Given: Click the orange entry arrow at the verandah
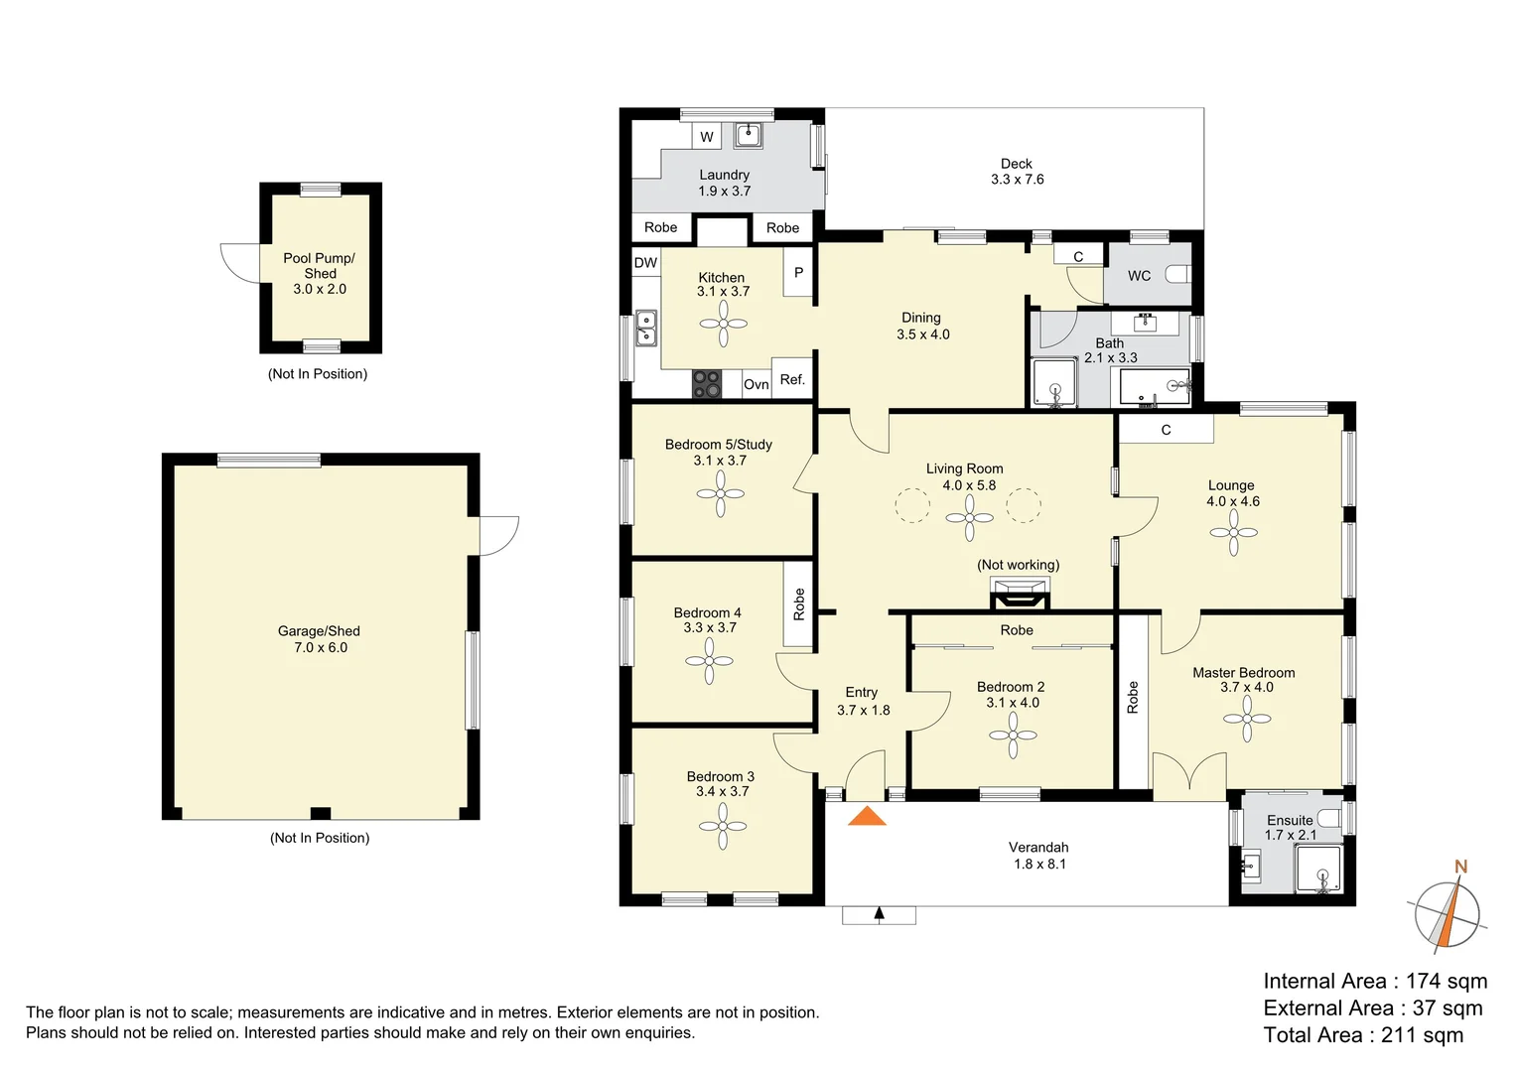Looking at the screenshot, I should coord(867,817).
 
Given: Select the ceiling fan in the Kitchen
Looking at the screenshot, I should coord(723,324).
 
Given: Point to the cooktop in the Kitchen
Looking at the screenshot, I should coord(706,384).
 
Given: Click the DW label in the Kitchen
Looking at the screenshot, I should coord(645,263).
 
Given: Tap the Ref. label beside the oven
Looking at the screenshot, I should coord(791,379).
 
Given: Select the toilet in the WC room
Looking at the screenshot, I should coord(1177,275).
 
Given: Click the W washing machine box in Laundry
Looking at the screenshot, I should coord(706,137).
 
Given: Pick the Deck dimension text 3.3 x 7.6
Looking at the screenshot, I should coord(1017,180).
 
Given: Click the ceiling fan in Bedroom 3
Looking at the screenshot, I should coord(723,826).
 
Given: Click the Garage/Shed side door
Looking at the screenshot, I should coord(499,536).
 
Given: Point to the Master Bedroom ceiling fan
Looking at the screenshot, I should coord(1247,719).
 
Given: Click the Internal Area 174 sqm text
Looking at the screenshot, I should coord(1374,982).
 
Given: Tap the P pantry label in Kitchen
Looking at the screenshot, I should coord(798,272).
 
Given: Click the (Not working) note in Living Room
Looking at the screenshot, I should coord(1018,565).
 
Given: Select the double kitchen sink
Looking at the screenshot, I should coord(645,329).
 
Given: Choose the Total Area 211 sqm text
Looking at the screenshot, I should coord(1362,1035).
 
